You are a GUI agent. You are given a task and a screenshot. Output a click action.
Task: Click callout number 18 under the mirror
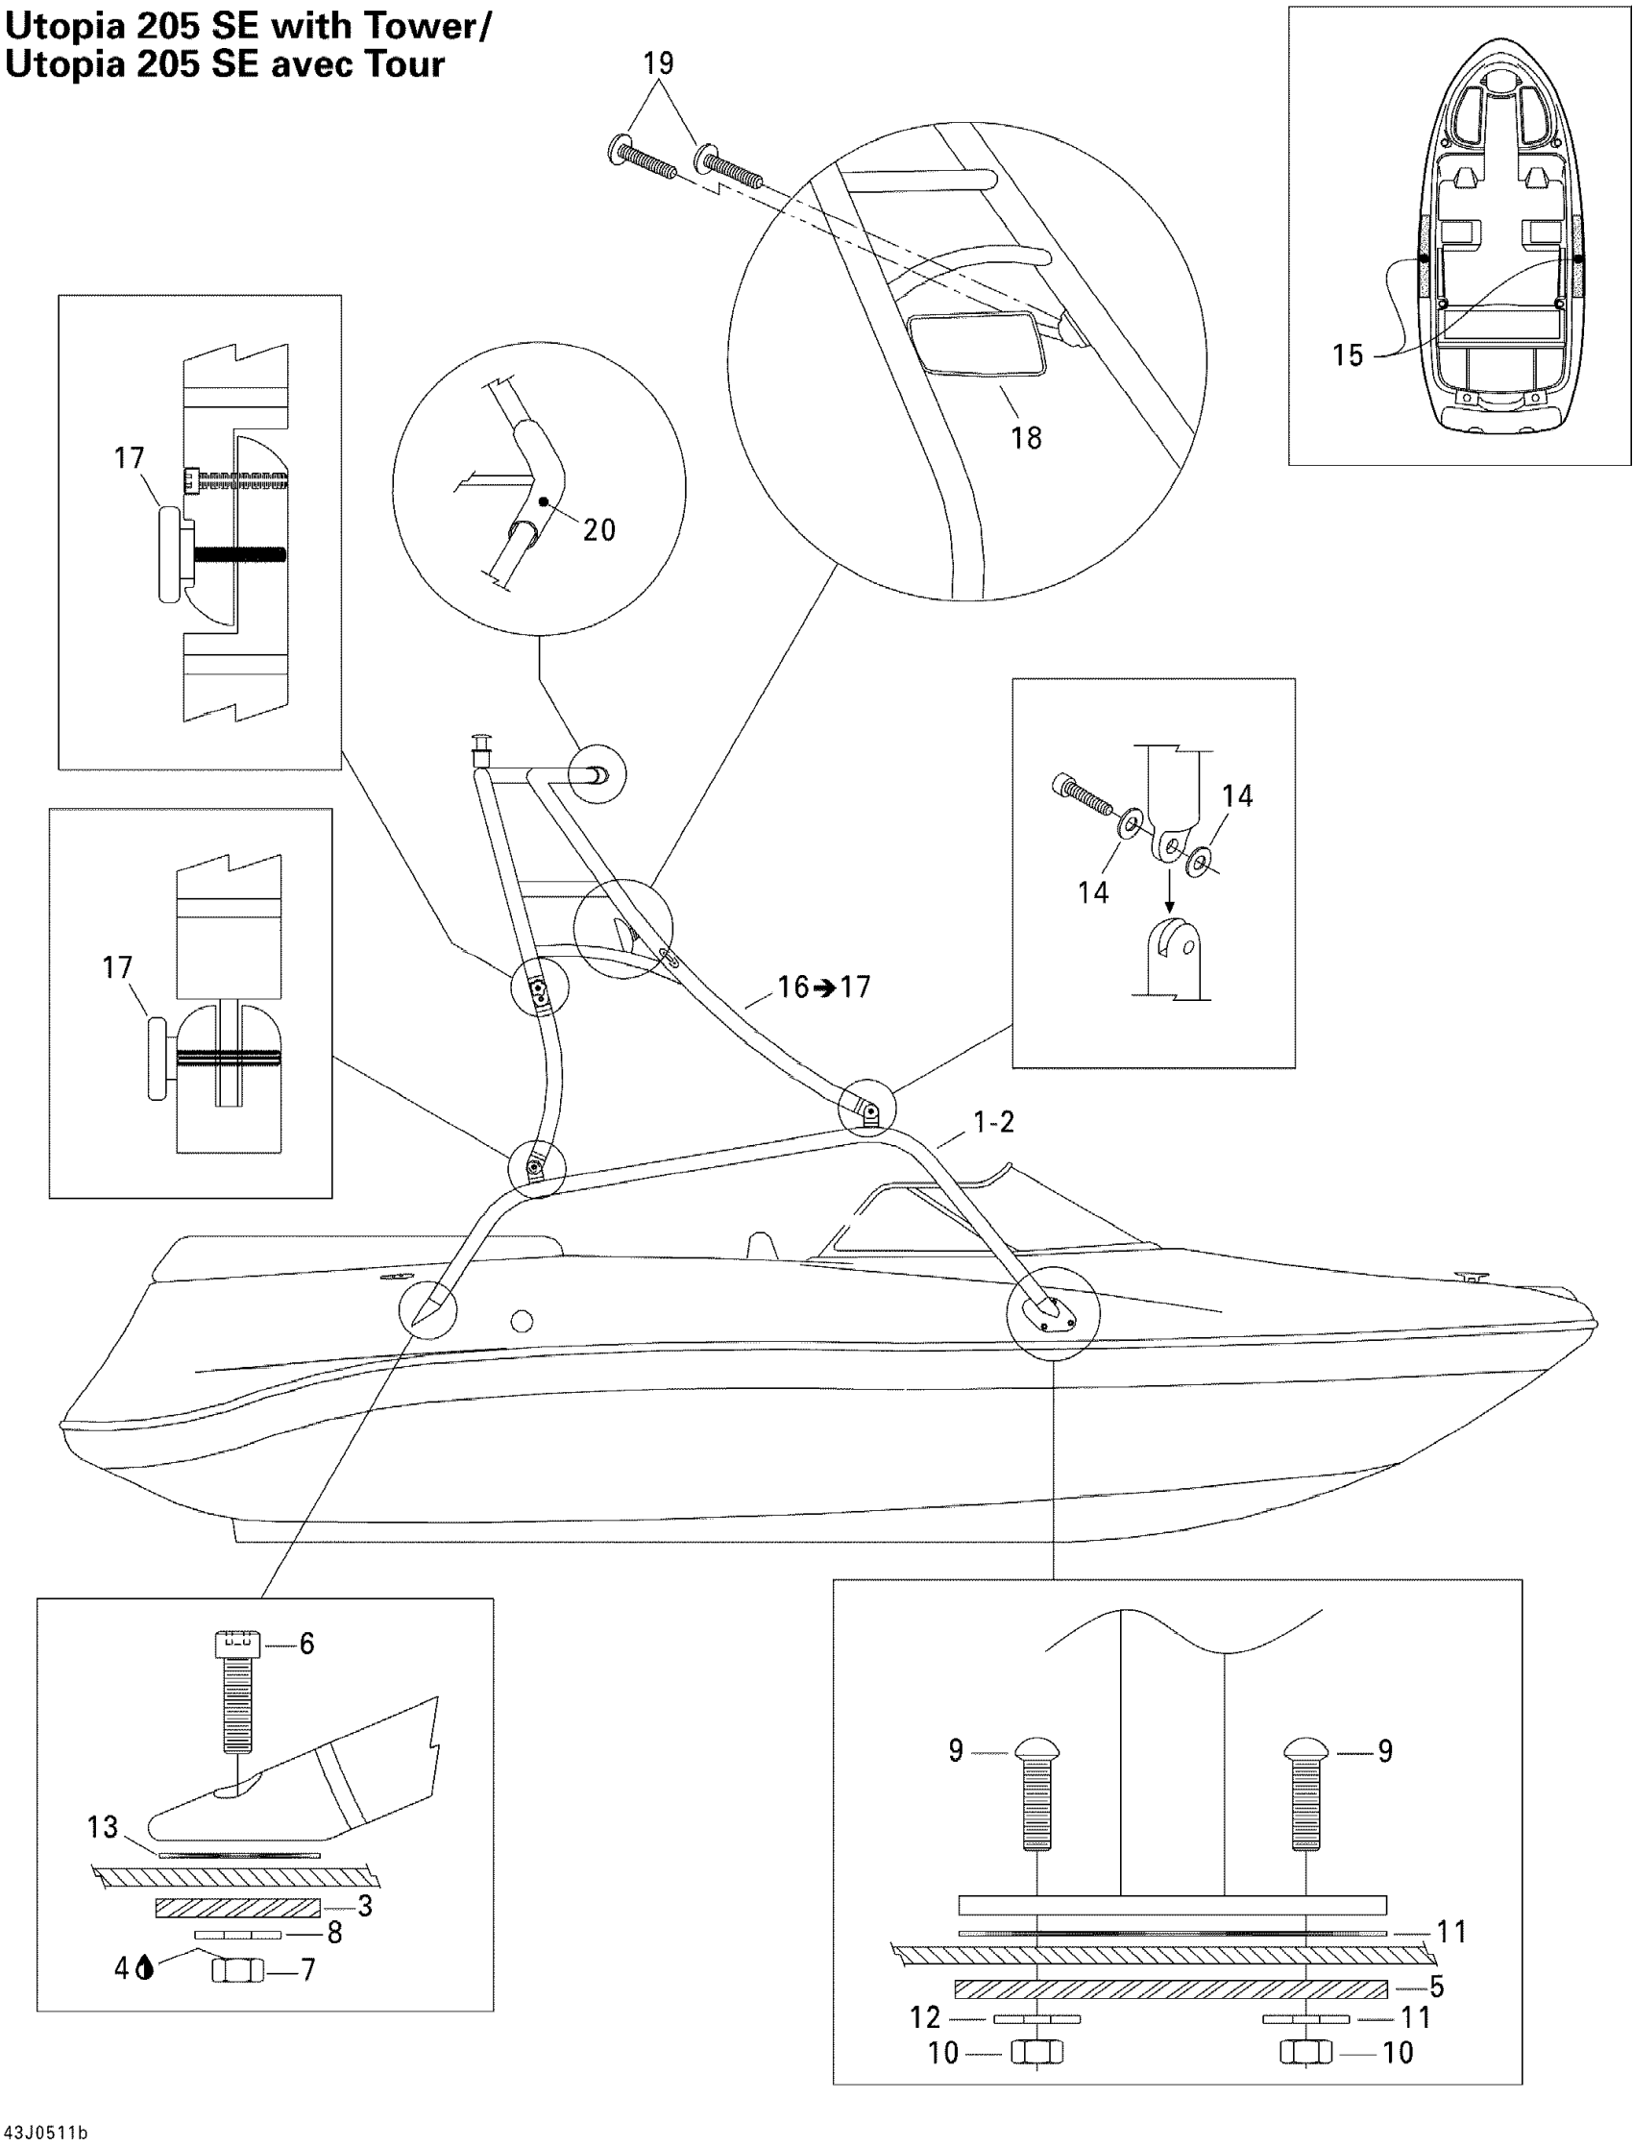click(1027, 438)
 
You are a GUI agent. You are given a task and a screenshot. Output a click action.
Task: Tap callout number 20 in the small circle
click(598, 529)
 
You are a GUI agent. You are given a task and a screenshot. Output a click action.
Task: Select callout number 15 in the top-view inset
click(1347, 355)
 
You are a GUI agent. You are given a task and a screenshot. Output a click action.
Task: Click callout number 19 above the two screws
click(658, 63)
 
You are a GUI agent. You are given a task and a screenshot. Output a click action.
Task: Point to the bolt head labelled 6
click(237, 1644)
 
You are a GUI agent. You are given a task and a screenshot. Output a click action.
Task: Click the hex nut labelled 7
click(238, 1970)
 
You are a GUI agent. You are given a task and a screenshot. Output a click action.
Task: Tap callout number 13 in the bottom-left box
click(102, 1827)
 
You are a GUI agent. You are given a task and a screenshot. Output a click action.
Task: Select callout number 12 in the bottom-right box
click(925, 2017)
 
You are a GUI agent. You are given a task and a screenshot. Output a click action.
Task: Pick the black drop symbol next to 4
click(146, 1968)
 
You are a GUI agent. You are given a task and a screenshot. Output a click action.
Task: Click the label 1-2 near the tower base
click(994, 1123)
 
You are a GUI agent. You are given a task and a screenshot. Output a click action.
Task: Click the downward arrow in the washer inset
click(1169, 891)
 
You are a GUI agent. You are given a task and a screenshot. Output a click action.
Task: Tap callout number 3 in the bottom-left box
click(365, 1906)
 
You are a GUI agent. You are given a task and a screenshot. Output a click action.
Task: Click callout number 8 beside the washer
click(334, 1933)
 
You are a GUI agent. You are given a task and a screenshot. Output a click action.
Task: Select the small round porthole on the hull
click(522, 1321)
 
